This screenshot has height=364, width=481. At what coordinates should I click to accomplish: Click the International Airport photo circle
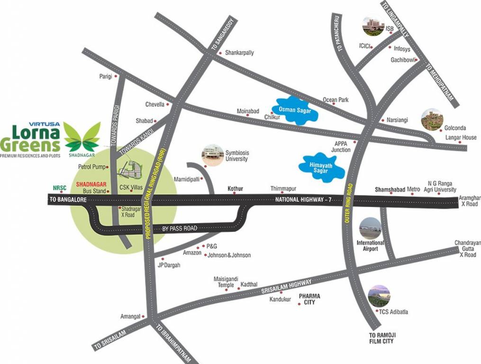click(370, 228)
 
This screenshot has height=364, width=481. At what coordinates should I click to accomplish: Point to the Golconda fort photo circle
click(432, 120)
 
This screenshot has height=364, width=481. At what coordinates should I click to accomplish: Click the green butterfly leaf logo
click(82, 136)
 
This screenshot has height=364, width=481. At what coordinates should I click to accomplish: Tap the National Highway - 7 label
click(302, 200)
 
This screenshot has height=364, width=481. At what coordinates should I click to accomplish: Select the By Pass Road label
click(180, 228)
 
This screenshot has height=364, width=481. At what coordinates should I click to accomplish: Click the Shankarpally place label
click(239, 53)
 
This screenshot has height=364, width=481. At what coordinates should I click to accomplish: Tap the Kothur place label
click(235, 189)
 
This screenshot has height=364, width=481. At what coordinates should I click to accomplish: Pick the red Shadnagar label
click(90, 184)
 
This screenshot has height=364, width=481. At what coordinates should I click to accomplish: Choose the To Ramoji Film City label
click(381, 338)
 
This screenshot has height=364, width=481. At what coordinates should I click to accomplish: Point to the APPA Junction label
click(341, 146)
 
